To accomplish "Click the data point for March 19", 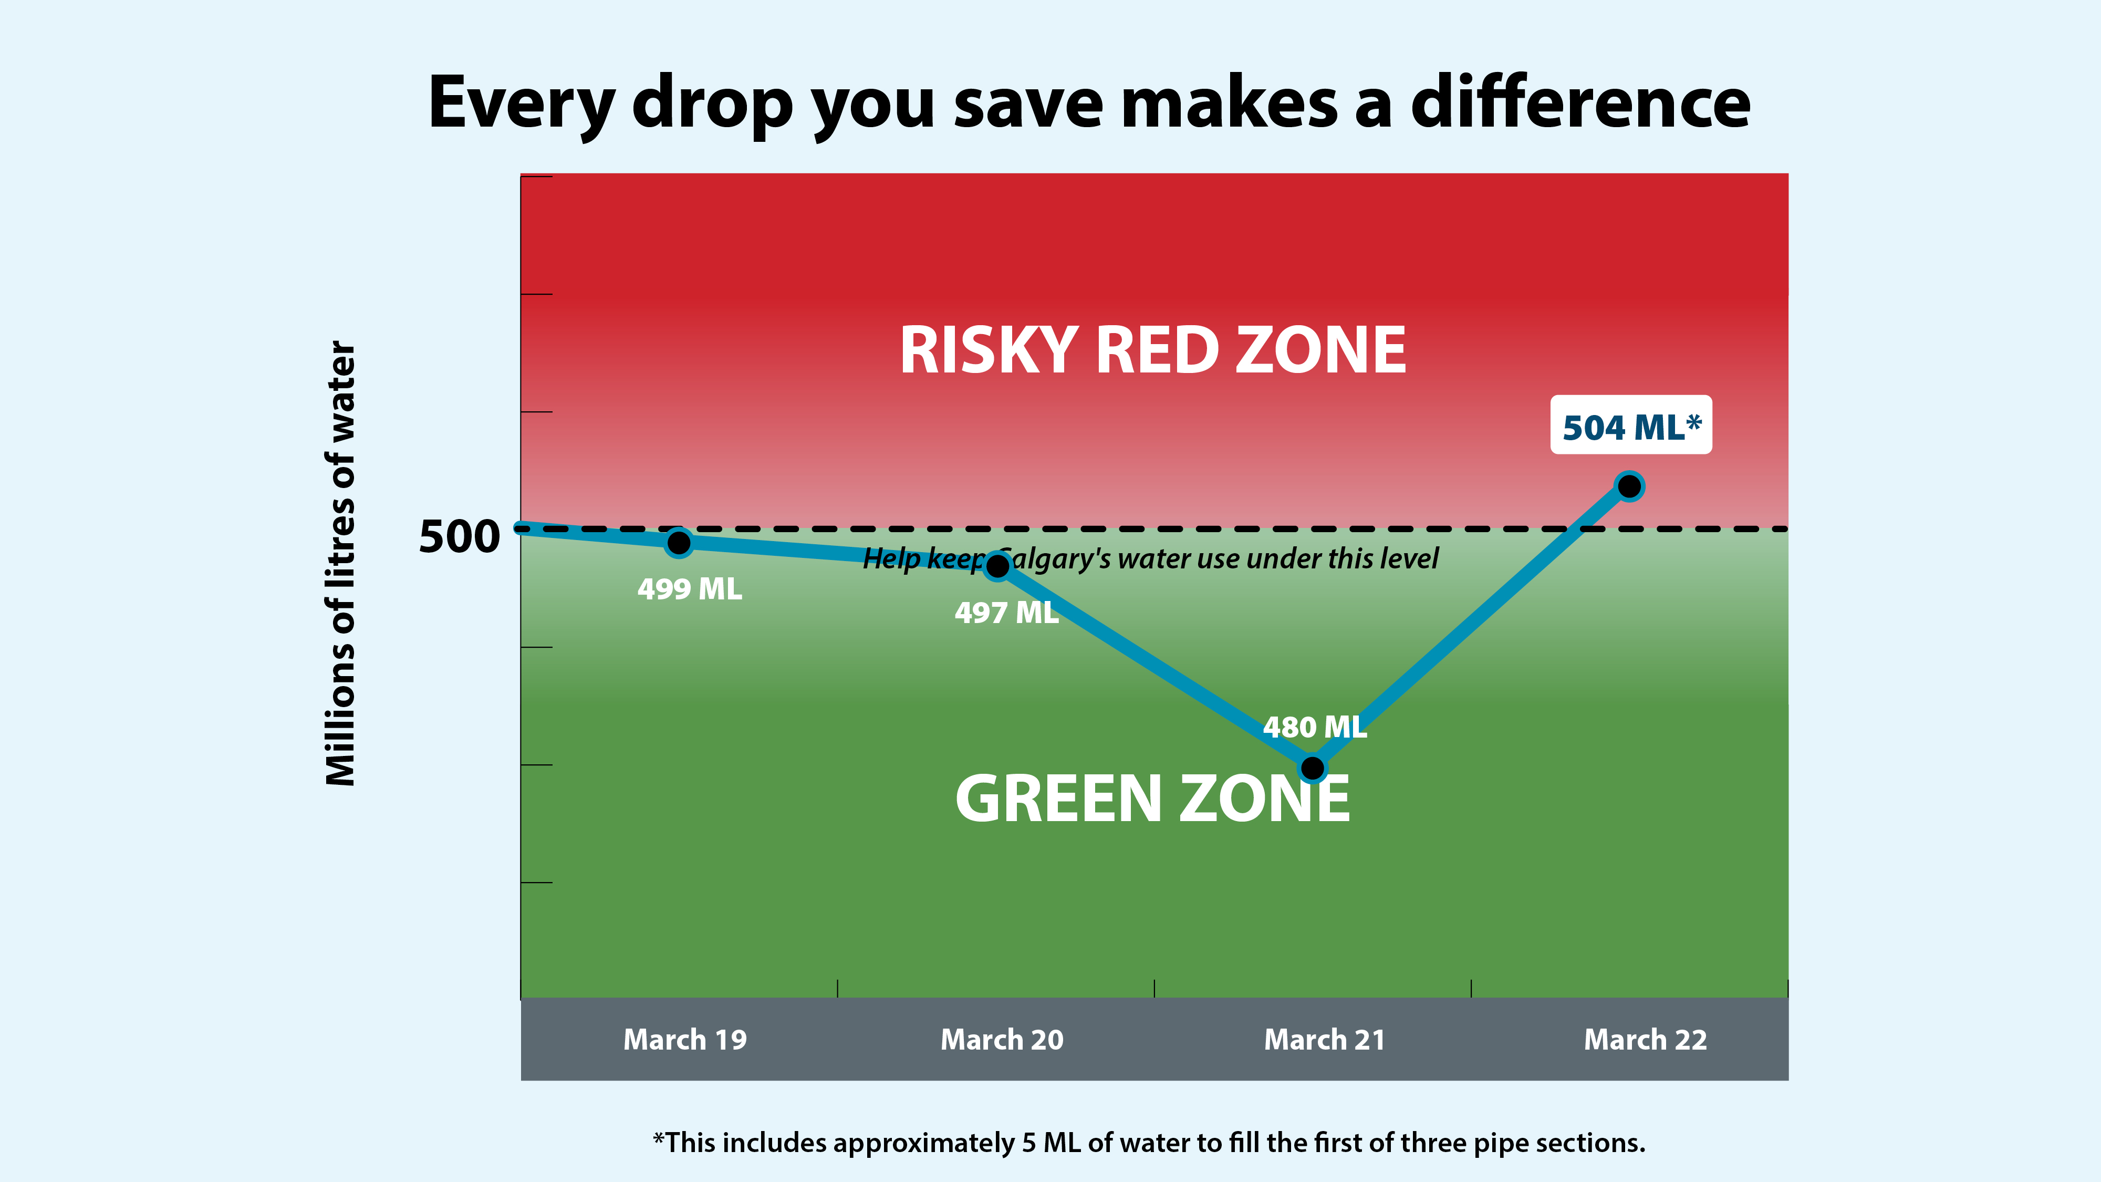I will [x=679, y=543].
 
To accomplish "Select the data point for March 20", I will [x=997, y=565].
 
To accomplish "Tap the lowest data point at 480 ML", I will [x=1312, y=768].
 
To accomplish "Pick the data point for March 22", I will [x=1629, y=486].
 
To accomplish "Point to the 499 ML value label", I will [x=689, y=589].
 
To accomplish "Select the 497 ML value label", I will [x=1006, y=613].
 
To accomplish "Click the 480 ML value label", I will [x=1315, y=727].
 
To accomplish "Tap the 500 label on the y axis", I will [x=459, y=537].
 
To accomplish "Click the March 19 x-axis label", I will [x=685, y=1039].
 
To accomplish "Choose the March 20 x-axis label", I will [x=1002, y=1039].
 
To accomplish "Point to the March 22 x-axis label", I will [x=1645, y=1039].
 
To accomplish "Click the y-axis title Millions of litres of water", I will [x=341, y=563].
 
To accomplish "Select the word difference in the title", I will [x=1580, y=103].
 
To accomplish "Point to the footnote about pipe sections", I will [x=1148, y=1143].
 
